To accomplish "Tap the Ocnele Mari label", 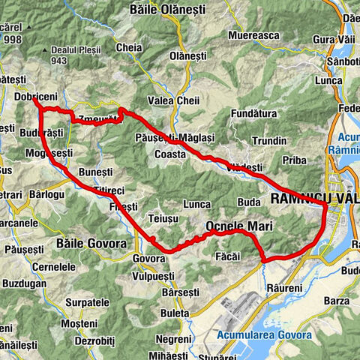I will click(238, 226).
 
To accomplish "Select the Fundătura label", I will click(253, 113).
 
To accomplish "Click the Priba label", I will click(297, 160).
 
